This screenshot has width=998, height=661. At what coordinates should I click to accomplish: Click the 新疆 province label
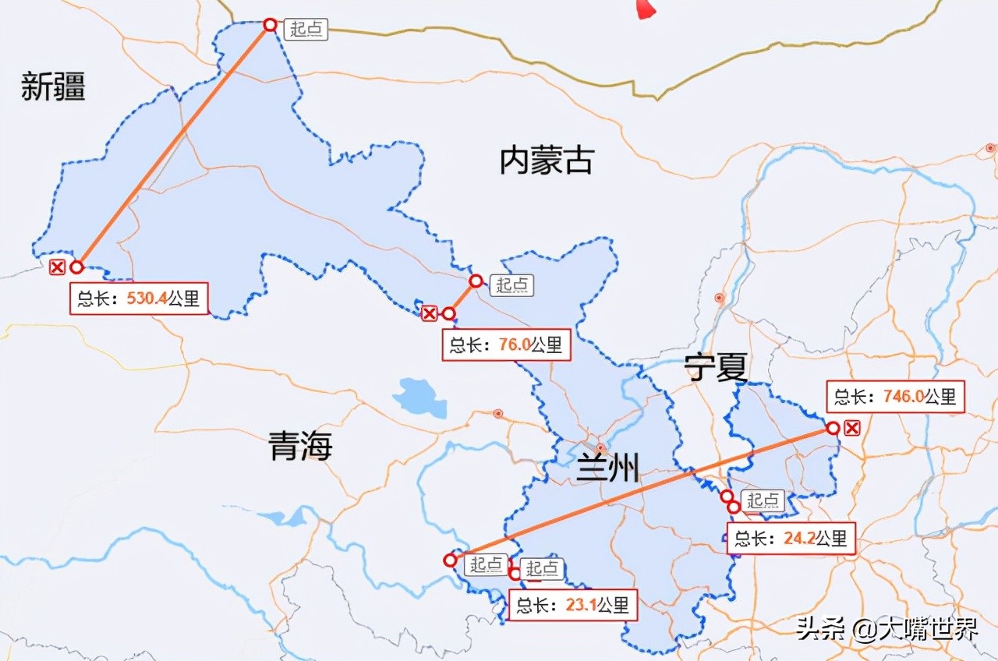[x=53, y=87]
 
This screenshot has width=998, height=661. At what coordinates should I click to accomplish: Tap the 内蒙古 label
[x=546, y=161]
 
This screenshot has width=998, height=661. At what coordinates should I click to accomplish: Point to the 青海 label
[x=301, y=447]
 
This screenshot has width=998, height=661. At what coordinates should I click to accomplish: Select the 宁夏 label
[x=716, y=367]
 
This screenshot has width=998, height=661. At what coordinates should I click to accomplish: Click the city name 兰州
[x=607, y=468]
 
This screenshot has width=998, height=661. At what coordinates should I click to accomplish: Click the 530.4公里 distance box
[x=140, y=299]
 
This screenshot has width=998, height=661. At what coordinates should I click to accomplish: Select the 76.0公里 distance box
[x=506, y=345]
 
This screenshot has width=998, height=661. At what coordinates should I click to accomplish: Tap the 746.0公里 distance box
[x=894, y=396]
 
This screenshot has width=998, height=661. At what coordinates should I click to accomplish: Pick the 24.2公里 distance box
[x=791, y=538]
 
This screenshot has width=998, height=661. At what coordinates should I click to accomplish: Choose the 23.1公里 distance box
[x=572, y=604]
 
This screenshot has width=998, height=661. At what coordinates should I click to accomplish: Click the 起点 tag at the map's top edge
[x=305, y=30]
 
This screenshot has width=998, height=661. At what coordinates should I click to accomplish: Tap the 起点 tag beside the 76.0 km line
[x=511, y=285]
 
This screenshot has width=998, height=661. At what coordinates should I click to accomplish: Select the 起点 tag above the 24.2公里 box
[x=763, y=500]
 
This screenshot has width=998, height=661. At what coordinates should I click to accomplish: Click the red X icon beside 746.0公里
[x=852, y=427]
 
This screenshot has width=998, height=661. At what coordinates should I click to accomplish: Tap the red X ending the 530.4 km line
[x=57, y=267]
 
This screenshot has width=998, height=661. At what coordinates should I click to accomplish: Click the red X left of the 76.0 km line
[x=429, y=313]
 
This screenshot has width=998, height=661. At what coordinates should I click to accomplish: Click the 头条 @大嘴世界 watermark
[x=886, y=628]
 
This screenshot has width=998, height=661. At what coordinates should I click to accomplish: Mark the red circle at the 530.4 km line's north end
[x=270, y=25]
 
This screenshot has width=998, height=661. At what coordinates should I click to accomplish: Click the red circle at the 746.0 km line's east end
[x=833, y=428]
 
